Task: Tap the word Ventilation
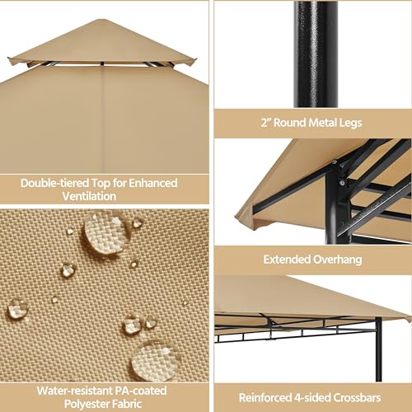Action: [x=104, y=197]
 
